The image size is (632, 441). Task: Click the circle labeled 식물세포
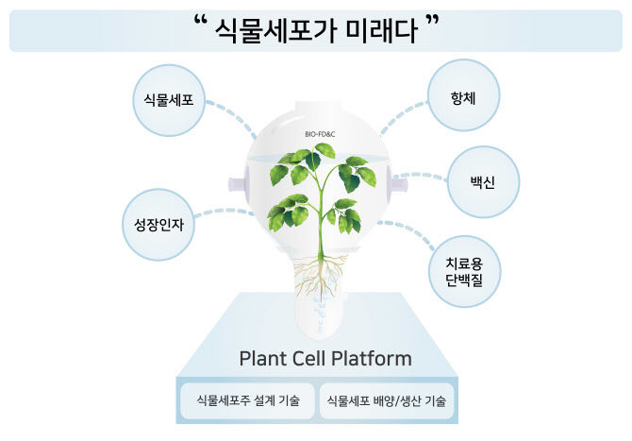click(x=169, y=100)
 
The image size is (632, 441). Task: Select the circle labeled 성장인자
click(x=158, y=225)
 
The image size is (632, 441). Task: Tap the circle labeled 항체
click(x=463, y=95)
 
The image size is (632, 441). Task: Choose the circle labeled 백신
click(x=483, y=182)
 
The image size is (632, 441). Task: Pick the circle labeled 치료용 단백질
click(x=464, y=272)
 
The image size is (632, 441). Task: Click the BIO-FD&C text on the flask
click(x=320, y=134)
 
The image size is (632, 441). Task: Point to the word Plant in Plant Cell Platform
click(x=262, y=358)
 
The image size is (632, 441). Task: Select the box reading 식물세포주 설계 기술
click(x=247, y=400)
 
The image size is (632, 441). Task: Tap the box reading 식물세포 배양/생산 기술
click(x=387, y=400)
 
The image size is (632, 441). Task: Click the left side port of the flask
click(x=239, y=184)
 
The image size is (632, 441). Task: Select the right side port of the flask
click(x=398, y=185)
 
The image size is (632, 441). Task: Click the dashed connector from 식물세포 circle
click(x=233, y=116)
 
